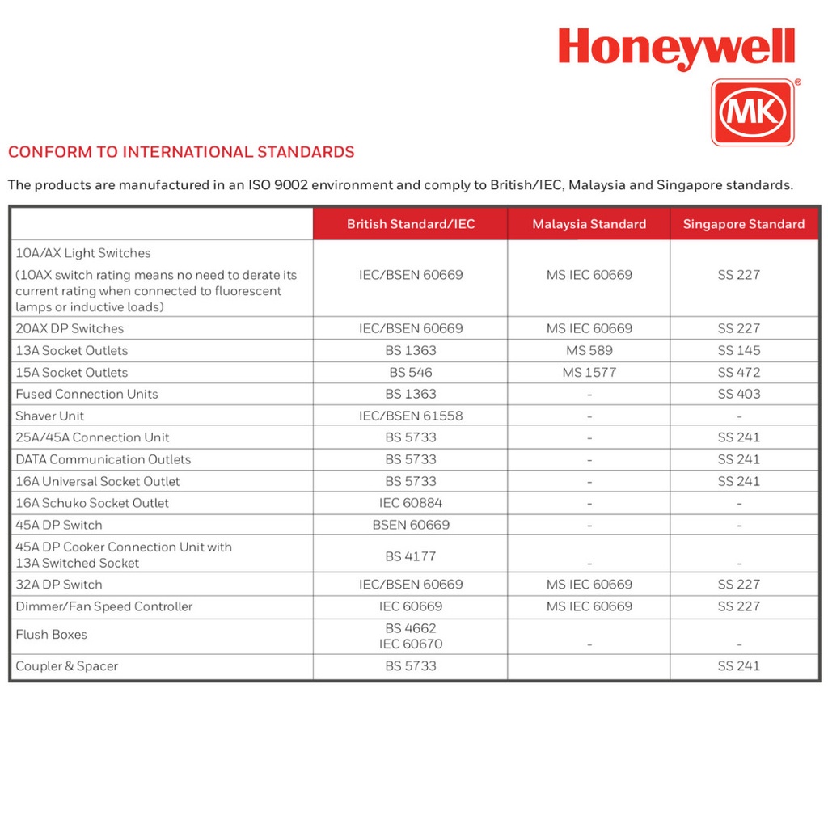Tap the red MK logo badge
(x=752, y=112)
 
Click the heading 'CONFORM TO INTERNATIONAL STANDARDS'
(x=181, y=152)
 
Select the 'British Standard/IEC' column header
(x=411, y=224)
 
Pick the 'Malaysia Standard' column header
(x=589, y=224)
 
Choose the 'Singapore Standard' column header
(x=743, y=224)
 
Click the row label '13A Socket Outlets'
(x=72, y=350)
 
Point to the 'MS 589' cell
(x=589, y=350)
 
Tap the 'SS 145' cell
(x=738, y=350)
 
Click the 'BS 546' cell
(x=411, y=372)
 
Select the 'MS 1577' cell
(x=589, y=372)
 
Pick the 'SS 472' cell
(x=738, y=372)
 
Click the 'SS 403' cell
(x=738, y=394)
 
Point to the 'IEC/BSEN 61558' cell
(x=411, y=416)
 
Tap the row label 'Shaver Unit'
(x=50, y=416)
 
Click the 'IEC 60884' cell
(x=411, y=503)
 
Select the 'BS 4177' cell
(x=411, y=556)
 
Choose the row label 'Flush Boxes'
(x=52, y=635)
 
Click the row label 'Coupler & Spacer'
(x=67, y=666)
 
